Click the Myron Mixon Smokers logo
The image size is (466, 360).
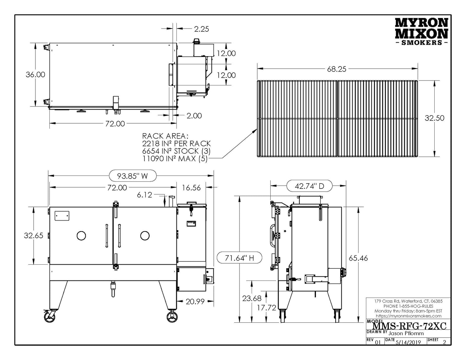(x=421, y=31)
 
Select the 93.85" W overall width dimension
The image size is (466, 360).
(x=132, y=176)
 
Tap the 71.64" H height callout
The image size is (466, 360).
(x=239, y=258)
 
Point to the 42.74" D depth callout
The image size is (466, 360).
(x=309, y=186)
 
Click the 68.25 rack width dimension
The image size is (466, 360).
(x=336, y=69)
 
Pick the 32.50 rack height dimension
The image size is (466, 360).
(x=434, y=118)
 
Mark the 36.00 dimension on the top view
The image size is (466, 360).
(x=35, y=75)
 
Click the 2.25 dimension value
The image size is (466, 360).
(x=201, y=29)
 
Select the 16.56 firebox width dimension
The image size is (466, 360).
(x=191, y=188)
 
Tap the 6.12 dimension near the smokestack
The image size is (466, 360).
(x=144, y=195)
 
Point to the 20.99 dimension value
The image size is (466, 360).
(x=195, y=301)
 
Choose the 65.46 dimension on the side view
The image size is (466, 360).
(x=358, y=258)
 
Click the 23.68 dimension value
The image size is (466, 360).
(x=252, y=298)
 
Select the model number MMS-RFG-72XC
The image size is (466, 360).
(x=409, y=326)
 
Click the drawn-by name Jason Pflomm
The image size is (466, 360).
(x=406, y=333)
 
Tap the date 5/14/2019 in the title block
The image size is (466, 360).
(x=408, y=342)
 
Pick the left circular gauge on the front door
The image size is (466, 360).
(x=81, y=236)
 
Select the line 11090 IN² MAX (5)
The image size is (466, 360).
(x=175, y=159)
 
